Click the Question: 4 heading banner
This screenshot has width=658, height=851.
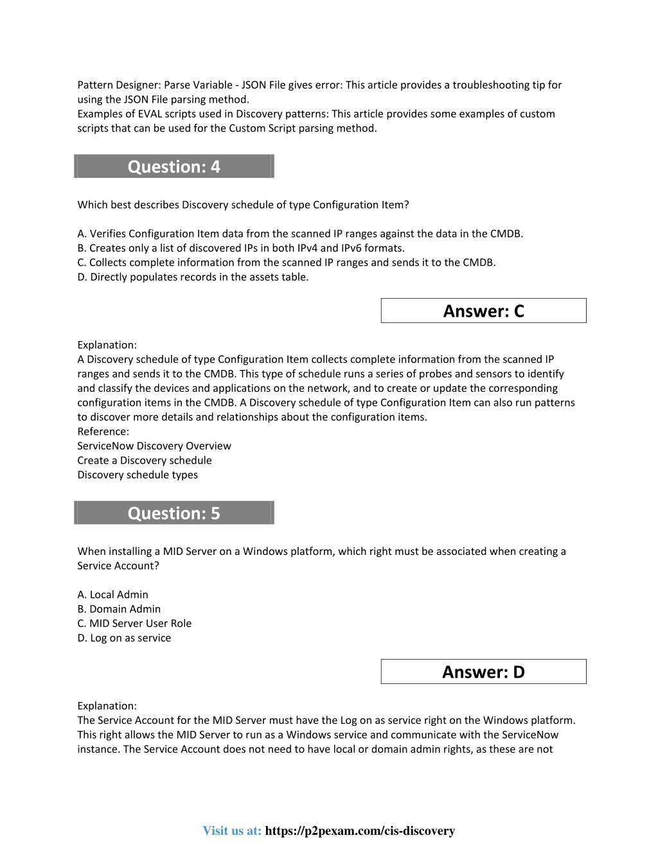point(173,166)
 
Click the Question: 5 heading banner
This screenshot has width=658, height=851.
point(173,513)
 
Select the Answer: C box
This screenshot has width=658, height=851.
point(483,311)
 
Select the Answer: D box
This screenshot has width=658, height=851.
point(483,672)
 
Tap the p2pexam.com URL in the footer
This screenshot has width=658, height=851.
point(360,830)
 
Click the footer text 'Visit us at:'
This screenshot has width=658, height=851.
point(232,830)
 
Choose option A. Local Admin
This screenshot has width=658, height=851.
point(113,595)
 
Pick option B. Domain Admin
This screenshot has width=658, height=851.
point(120,609)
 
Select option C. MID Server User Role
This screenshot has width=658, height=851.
point(135,624)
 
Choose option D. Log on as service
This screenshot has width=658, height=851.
point(125,638)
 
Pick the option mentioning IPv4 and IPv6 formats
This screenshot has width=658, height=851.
point(241,248)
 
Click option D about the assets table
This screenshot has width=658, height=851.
point(193,277)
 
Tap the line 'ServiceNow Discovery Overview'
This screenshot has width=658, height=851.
point(154,446)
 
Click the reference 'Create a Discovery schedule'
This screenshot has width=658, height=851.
point(145,461)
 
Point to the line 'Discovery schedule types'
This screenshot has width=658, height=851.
point(138,475)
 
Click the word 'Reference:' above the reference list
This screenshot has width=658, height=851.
point(103,432)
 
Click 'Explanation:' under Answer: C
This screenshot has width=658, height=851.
point(107,345)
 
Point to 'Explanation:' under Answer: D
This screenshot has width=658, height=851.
point(107,706)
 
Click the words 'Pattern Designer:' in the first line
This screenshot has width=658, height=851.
point(119,85)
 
